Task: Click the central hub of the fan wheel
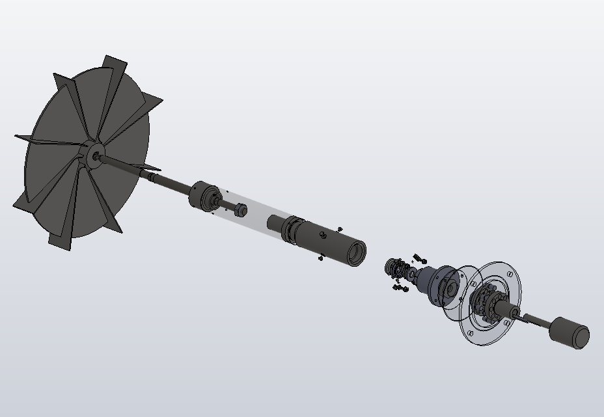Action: (94, 155)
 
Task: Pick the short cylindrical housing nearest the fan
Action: (204, 196)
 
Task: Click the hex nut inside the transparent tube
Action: (240, 209)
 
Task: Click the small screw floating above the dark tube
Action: (340, 229)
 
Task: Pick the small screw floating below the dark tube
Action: (320, 258)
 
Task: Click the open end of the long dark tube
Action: (355, 253)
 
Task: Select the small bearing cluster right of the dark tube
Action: (394, 267)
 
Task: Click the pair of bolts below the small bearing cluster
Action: (398, 286)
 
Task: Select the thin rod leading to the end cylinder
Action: (535, 319)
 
